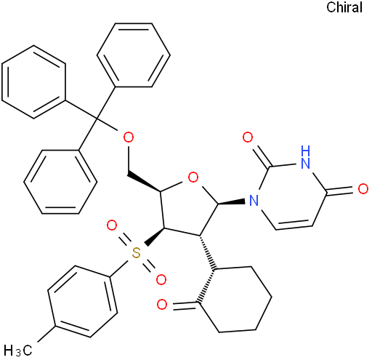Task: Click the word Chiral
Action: coord(344,7)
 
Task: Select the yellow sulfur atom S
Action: coord(137,253)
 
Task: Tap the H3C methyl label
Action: coord(18,351)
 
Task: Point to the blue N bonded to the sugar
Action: coord(254,201)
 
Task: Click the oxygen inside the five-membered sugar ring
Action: coord(193,177)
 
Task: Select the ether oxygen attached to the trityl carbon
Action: coord(129,137)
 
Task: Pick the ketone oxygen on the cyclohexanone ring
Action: coord(162,305)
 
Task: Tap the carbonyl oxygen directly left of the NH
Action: coord(248,137)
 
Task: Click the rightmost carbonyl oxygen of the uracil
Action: coord(363,189)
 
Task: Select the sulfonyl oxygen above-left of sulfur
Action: coord(112,225)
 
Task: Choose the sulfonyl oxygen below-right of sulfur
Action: coord(161,280)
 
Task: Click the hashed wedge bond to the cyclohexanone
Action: coord(206,252)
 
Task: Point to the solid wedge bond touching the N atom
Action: coord(232,202)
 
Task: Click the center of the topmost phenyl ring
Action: coord(134,55)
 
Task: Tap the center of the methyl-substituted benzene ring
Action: coord(83,301)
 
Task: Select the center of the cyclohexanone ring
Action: coord(235,299)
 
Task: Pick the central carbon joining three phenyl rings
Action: coord(97,119)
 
